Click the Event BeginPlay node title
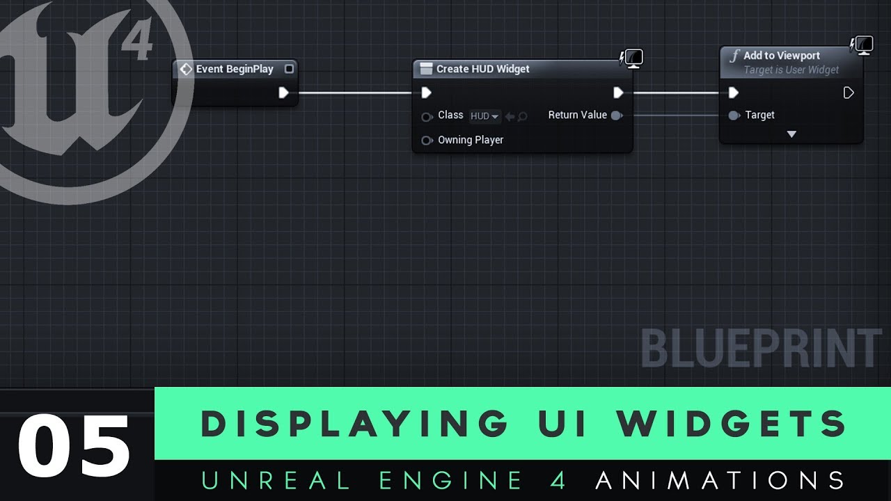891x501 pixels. coord(235,69)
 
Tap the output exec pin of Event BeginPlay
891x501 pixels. coord(283,93)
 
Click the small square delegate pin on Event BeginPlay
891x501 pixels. coord(289,69)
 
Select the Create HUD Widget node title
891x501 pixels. coord(482,69)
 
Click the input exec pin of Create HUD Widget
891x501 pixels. coord(427,93)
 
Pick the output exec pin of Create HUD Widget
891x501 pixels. coord(618,93)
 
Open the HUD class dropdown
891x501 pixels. coord(484,116)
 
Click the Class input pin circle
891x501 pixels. coord(427,116)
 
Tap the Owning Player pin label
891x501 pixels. coord(471,140)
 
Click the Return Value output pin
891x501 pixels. coord(616,116)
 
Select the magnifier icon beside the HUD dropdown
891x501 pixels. coord(522,116)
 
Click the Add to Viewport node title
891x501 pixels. coord(781,56)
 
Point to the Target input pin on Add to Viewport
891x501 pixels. coord(734,116)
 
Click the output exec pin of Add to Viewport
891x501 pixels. coord(849,93)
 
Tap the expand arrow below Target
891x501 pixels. coord(791,134)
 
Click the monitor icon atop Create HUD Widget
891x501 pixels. coord(633,58)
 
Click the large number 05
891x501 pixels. coord(74,446)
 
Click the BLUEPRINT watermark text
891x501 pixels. coord(762,349)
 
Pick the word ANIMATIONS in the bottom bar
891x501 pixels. coord(720,481)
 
